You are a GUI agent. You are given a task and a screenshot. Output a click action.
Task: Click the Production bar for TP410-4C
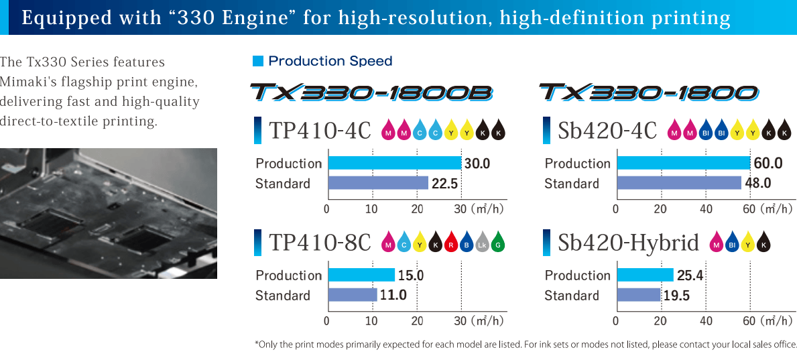pyautogui.click(x=394, y=163)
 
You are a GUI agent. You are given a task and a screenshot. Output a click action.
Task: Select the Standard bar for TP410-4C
pyautogui.click(x=377, y=183)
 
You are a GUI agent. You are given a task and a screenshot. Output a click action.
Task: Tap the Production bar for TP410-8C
pyautogui.click(x=361, y=275)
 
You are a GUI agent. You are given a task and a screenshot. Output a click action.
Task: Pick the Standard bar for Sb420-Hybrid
pyautogui.click(x=639, y=295)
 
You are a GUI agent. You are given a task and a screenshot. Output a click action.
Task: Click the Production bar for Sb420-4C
pyautogui.click(x=683, y=163)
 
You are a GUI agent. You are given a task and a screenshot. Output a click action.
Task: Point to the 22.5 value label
pyautogui.click(x=444, y=184)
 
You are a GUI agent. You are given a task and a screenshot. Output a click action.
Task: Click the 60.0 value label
pyautogui.click(x=768, y=164)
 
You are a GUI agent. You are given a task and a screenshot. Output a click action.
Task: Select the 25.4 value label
pyautogui.click(x=690, y=276)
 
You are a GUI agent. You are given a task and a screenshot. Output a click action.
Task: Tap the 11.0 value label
pyautogui.click(x=393, y=296)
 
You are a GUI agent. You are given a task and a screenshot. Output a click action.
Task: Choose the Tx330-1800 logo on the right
pyautogui.click(x=648, y=93)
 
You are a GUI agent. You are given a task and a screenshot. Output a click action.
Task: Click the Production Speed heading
pyautogui.click(x=330, y=61)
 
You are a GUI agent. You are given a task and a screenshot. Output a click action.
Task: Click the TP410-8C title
pyautogui.click(x=320, y=243)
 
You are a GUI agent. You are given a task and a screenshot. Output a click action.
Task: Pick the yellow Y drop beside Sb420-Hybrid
pyautogui.click(x=747, y=243)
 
